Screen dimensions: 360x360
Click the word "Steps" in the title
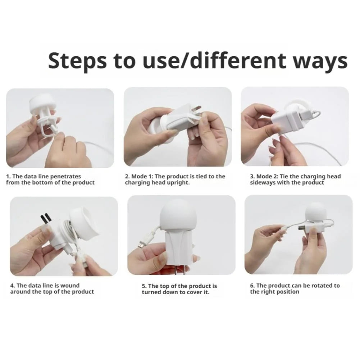77,61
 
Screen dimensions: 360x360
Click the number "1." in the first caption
9,176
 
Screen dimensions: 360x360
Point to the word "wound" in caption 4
70,286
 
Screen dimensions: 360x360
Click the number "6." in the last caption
252,286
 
